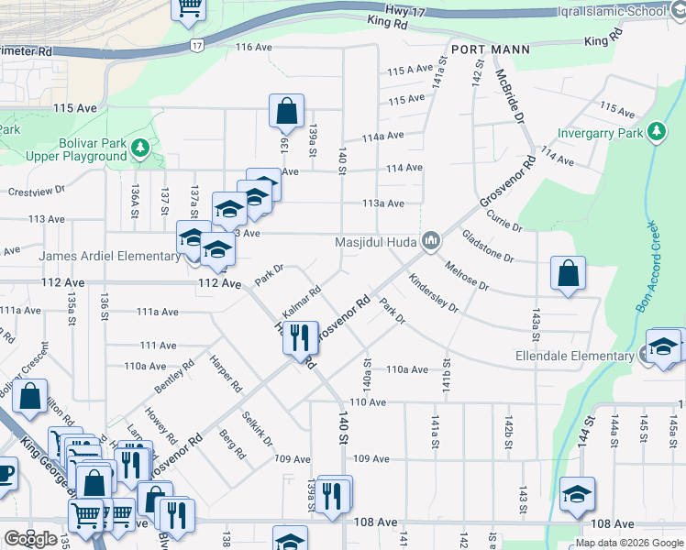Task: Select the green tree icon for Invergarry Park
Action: tap(657, 133)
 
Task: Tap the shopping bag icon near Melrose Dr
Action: tap(569, 273)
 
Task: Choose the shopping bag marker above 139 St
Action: tap(287, 111)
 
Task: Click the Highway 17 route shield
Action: tap(197, 44)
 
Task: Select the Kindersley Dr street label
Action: tap(434, 294)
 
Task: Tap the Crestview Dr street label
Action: tap(37, 192)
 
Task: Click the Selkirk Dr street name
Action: tap(259, 428)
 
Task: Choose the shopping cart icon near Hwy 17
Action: tap(190, 7)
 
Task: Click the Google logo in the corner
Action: tap(30, 539)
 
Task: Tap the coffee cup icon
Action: tap(5, 474)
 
